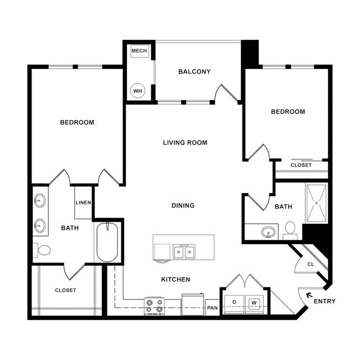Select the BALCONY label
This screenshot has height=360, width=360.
coord(194,71)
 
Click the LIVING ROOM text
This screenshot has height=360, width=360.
coord(185,142)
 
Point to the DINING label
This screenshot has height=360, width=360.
coord(183,205)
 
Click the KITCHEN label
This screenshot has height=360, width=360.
coord(176,279)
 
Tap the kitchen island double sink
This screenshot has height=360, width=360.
coord(183,252)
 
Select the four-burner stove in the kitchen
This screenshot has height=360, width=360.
coord(155,306)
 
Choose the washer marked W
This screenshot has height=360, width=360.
coord(254,304)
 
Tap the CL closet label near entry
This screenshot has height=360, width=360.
coord(310,264)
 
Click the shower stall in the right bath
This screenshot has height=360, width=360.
coord(316,203)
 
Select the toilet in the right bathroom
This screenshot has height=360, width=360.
coord(290,229)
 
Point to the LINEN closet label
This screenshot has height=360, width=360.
coord(83,203)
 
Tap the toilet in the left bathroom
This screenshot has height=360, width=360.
coord(42,250)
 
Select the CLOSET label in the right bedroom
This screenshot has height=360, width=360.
coord(301,165)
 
